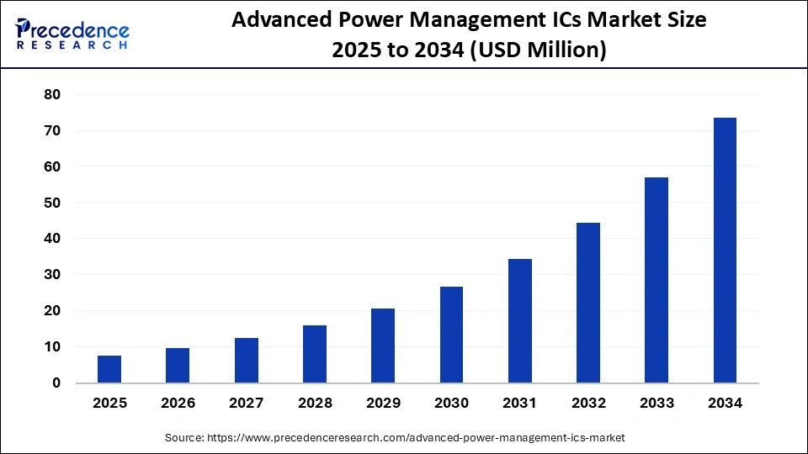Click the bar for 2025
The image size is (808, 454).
tap(109, 369)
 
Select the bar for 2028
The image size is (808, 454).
tap(315, 354)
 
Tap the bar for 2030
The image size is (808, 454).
tap(451, 335)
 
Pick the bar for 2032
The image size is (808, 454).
tap(588, 303)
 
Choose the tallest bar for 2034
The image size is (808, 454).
tap(725, 251)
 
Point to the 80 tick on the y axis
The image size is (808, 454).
tap(52, 95)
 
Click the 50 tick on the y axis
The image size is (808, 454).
tap(52, 203)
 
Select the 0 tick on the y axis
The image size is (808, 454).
tap(56, 383)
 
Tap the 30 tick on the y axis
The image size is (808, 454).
tap(52, 275)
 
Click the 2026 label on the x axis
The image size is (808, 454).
tap(178, 404)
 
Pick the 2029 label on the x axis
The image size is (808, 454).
tap(383, 404)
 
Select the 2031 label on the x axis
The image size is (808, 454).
tap(520, 404)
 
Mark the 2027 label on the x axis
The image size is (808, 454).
tap(247, 404)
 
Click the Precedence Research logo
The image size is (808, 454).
tap(72, 34)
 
